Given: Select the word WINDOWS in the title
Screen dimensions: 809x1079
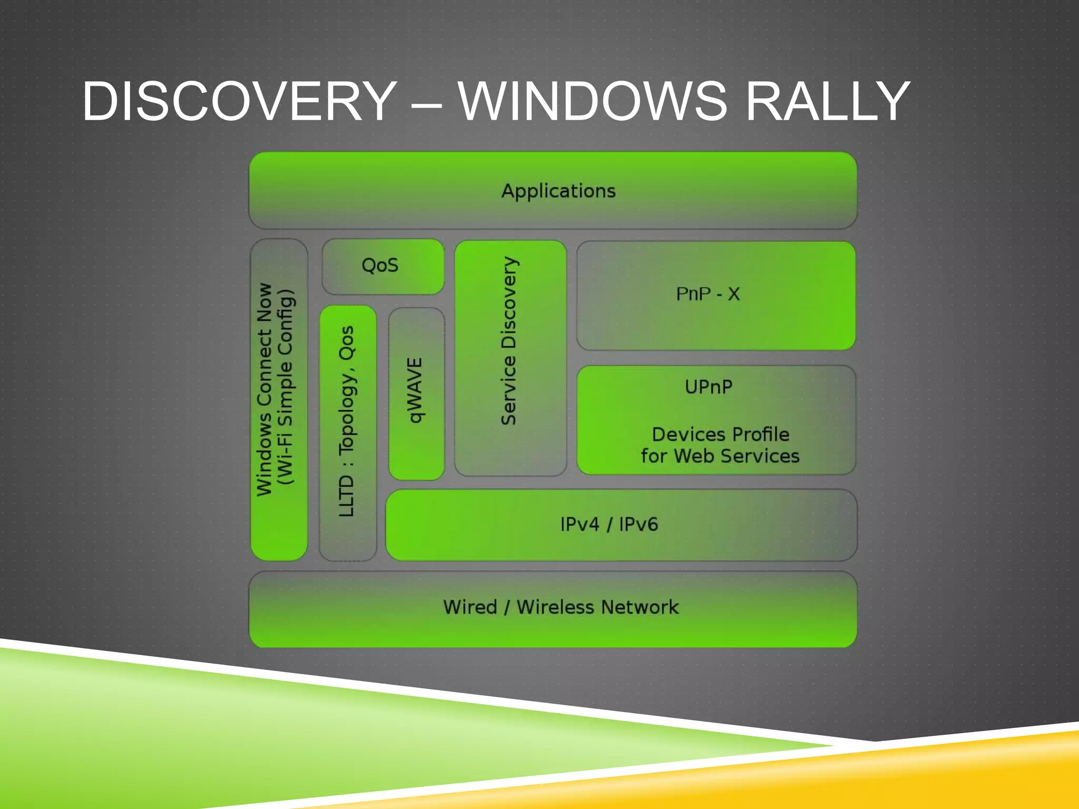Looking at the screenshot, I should click(592, 101).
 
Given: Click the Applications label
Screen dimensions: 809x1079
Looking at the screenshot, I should click(558, 191).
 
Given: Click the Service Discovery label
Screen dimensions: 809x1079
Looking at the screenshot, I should click(509, 341).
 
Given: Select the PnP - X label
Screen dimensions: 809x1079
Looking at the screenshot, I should click(708, 294).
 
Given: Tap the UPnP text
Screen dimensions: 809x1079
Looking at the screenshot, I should click(708, 387).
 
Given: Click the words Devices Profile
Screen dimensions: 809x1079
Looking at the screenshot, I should click(720, 435).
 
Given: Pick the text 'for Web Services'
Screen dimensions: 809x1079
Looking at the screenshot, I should click(720, 456).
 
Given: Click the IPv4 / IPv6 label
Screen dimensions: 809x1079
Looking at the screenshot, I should click(609, 525).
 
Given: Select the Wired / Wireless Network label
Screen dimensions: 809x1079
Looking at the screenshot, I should click(561, 607).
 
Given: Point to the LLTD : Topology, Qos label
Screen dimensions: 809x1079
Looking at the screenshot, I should click(347, 421).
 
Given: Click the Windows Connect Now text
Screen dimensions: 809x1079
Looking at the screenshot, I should click(264, 390).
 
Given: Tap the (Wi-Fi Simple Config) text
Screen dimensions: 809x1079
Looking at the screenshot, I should click(286, 387).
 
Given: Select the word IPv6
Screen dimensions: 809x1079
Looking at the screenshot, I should click(638, 525).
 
